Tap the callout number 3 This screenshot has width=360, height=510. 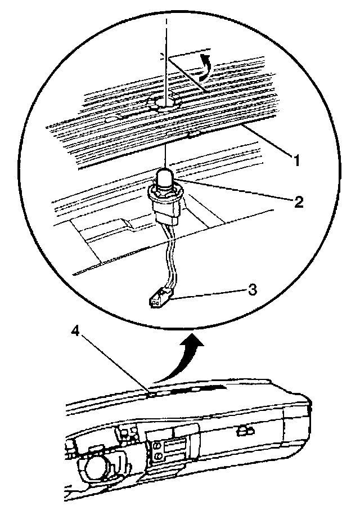253,290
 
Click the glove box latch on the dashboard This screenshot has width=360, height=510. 245,431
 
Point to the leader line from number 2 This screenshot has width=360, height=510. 236,191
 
